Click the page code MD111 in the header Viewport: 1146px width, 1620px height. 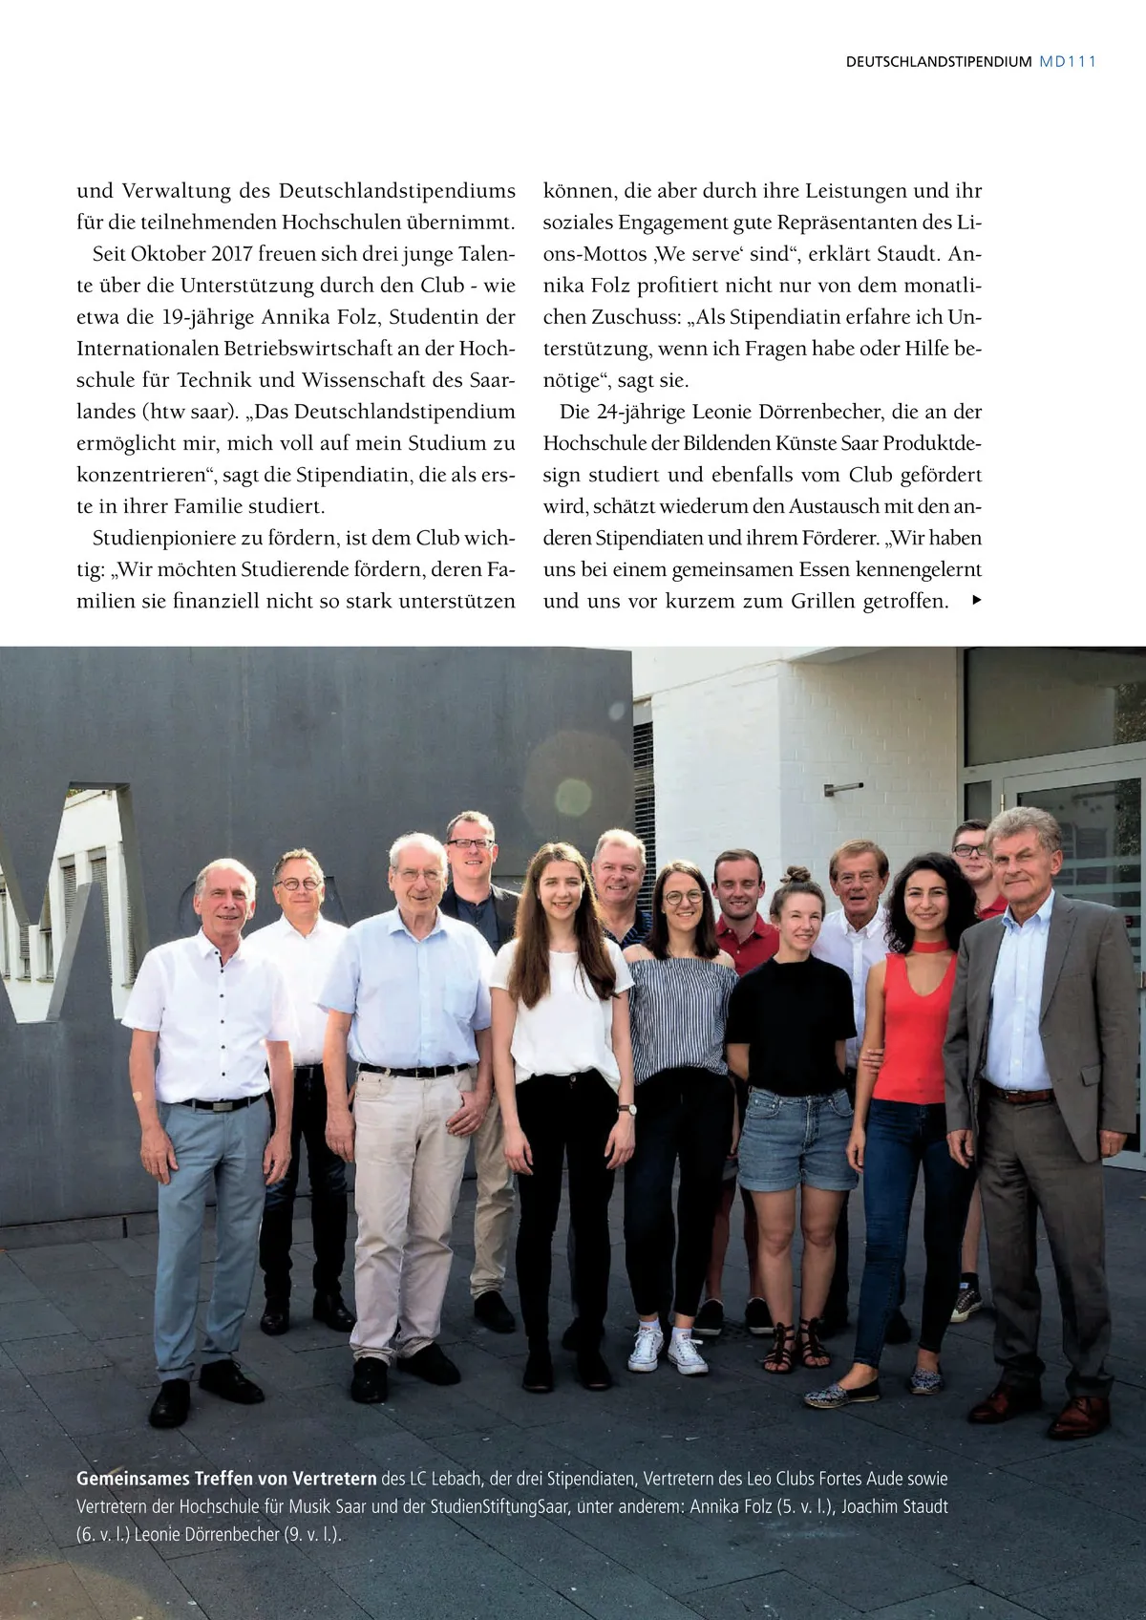[x=1067, y=62]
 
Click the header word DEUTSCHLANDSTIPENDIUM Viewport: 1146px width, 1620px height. [x=938, y=62]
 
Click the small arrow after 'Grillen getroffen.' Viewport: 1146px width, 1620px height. [x=975, y=601]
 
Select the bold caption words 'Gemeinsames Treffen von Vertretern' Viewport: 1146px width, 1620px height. [x=226, y=1479]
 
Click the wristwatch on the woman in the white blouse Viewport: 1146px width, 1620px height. [x=626, y=1110]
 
